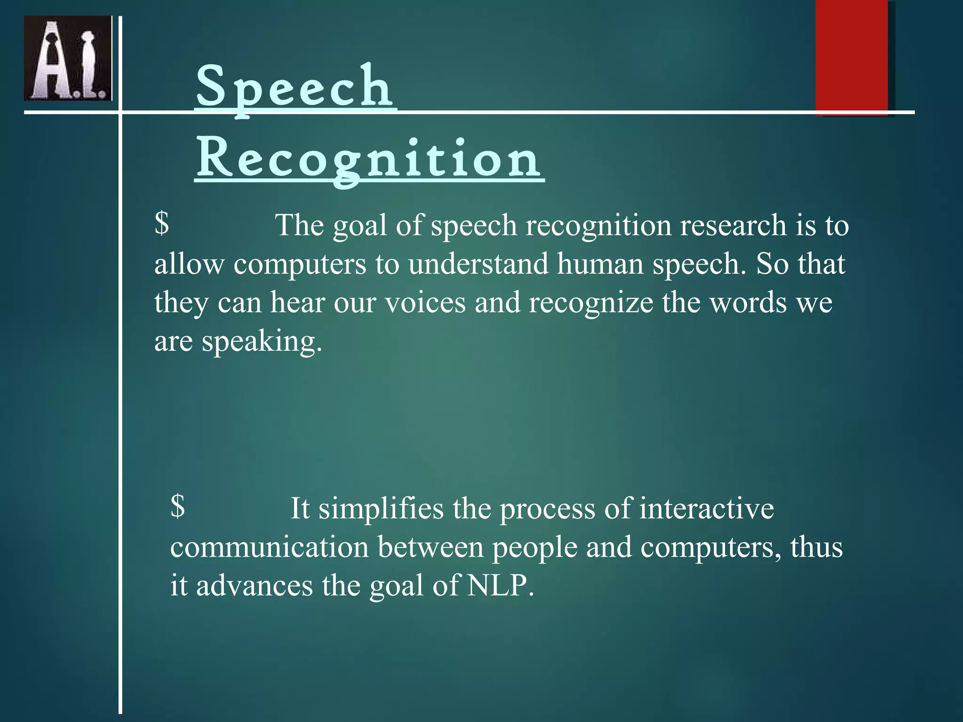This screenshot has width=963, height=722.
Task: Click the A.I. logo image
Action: pyautogui.click(x=68, y=58)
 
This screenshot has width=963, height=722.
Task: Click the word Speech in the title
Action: pyautogui.click(x=295, y=87)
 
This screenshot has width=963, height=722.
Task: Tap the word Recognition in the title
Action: pyautogui.click(x=369, y=159)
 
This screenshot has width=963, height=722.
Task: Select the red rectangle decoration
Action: pyautogui.click(x=852, y=56)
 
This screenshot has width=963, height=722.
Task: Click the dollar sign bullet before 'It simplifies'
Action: pyautogui.click(x=177, y=506)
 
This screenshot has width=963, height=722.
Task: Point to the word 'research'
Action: pyautogui.click(x=733, y=225)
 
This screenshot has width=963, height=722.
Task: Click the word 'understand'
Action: pyautogui.click(x=478, y=264)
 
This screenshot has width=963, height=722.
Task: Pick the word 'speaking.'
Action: pyautogui.click(x=262, y=341)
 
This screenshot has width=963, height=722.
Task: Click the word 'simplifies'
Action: pyautogui.click(x=381, y=509)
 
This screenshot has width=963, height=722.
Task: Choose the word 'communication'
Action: pyautogui.click(x=269, y=547)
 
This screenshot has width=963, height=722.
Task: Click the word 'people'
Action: pyautogui.click(x=535, y=548)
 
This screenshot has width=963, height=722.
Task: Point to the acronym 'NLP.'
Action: pyautogui.click(x=501, y=586)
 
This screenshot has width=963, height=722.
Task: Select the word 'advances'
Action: pyautogui.click(x=254, y=586)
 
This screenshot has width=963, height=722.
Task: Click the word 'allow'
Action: pyautogui.click(x=189, y=264)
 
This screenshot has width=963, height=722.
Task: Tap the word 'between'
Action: pyautogui.click(x=430, y=547)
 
